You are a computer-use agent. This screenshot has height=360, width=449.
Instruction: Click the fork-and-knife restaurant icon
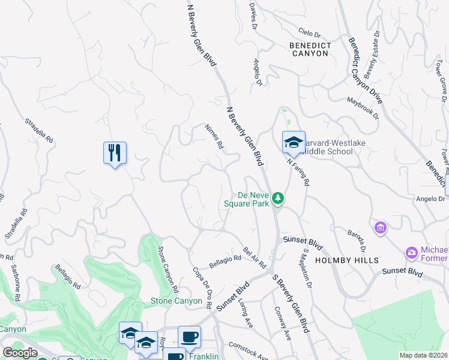[114, 153]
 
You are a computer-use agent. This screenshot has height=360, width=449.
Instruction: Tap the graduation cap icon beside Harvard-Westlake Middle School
[294, 143]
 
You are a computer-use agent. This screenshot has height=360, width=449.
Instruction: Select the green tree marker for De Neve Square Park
[277, 197]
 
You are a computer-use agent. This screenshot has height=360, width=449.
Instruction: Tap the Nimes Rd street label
[214, 137]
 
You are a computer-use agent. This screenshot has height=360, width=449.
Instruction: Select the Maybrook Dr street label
[363, 108]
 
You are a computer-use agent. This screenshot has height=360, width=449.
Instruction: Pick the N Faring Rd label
[298, 170]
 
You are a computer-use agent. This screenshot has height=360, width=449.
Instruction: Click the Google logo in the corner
[20, 352]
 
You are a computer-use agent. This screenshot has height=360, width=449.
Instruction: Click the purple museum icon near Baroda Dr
[380, 228]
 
